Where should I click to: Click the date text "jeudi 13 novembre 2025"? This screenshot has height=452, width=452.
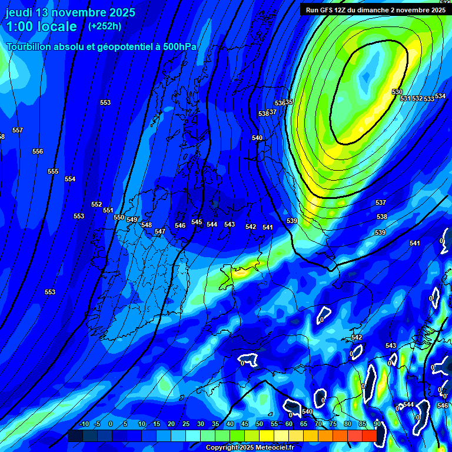(70, 12)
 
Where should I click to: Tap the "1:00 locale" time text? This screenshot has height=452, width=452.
(41, 26)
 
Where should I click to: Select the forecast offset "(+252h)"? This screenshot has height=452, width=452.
(105, 26)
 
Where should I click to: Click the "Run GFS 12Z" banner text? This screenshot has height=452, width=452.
(330, 9)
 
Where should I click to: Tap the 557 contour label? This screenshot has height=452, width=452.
(18, 130)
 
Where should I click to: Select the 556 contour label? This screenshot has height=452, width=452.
(38, 151)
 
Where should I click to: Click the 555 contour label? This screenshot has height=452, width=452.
(53, 171)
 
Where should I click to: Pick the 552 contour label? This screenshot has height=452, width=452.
(97, 204)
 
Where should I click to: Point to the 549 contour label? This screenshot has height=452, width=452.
(132, 220)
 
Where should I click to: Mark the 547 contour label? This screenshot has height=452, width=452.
(160, 231)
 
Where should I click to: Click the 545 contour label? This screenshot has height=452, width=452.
(197, 222)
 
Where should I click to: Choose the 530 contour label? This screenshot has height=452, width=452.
(397, 92)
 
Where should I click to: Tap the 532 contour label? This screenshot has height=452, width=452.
(417, 98)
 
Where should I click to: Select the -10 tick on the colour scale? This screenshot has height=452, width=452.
(84, 424)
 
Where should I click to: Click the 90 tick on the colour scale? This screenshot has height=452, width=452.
(377, 424)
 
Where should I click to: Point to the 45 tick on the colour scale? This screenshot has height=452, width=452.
(245, 424)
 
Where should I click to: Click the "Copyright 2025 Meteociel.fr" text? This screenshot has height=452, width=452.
(250, 447)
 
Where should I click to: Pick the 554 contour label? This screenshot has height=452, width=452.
(70, 179)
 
